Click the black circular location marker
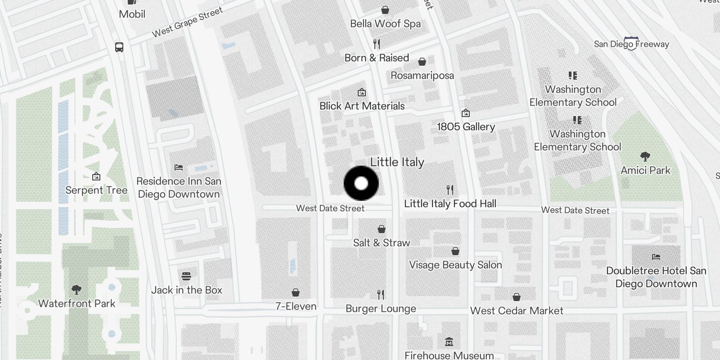tap(361, 184)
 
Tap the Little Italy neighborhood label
tap(397, 162)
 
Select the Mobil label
tap(132, 14)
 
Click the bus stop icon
tap(119, 47)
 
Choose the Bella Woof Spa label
tap(385, 23)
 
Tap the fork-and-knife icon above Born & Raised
tap(377, 44)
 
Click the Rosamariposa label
tap(422, 75)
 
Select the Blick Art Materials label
tap(362, 106)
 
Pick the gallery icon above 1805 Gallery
tap(466, 112)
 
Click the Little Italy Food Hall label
tap(450, 204)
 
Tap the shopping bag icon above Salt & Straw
tap(382, 229)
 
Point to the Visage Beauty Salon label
tap(455, 265)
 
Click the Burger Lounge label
tap(381, 309)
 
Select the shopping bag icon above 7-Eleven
tap(296, 293)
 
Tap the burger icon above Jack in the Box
tap(186, 276)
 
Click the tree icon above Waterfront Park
tap(76, 289)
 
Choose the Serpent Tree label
tap(96, 190)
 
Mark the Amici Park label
tap(645, 170)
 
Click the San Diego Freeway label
tap(631, 44)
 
